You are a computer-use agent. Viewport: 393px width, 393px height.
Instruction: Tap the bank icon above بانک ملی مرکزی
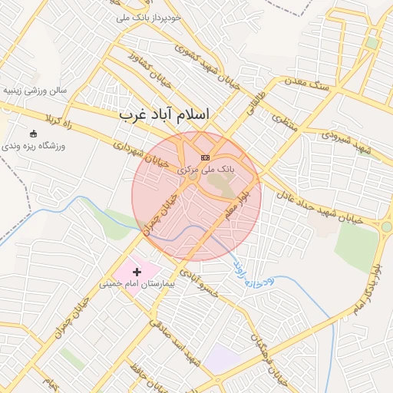click(204, 157)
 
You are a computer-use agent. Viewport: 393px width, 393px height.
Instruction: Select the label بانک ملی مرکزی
click(205, 168)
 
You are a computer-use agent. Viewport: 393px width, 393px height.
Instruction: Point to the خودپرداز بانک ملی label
click(150, 16)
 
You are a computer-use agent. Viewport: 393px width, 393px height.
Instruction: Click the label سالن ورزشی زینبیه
click(36, 90)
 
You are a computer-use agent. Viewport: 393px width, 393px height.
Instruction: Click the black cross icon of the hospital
click(137, 272)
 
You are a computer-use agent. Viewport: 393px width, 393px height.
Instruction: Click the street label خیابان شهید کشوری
click(205, 68)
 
